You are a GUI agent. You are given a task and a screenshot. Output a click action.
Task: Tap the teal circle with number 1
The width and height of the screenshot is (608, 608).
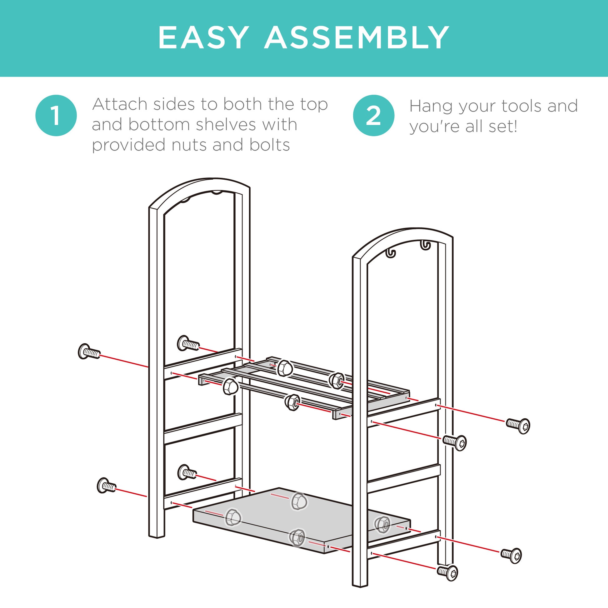[56, 116]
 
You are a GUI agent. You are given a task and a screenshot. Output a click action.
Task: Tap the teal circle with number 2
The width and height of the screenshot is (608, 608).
[374, 116]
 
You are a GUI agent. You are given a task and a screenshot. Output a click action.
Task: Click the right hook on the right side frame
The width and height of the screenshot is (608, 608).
[426, 245]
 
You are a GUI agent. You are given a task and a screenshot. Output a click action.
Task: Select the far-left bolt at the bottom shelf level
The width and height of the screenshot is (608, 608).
[106, 485]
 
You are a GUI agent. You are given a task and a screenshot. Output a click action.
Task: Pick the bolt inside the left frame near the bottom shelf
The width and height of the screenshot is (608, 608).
[187, 472]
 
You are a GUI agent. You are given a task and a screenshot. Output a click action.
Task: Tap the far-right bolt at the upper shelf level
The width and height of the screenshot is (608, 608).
[518, 426]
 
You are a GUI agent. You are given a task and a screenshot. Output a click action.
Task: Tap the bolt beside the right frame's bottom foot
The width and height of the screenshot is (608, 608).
[447, 572]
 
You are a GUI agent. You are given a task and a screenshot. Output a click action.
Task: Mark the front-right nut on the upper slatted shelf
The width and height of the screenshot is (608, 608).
[292, 402]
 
